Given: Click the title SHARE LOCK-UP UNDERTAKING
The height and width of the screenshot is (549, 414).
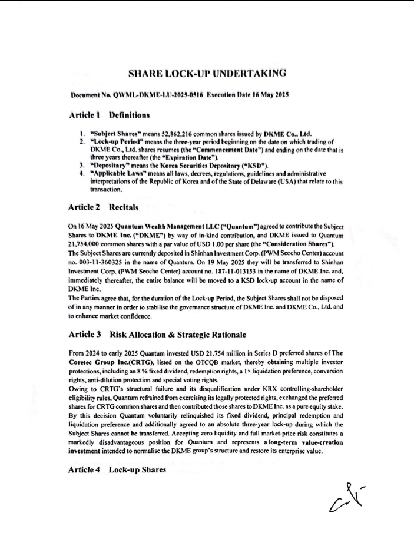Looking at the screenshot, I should pyautogui.click(x=207, y=74).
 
